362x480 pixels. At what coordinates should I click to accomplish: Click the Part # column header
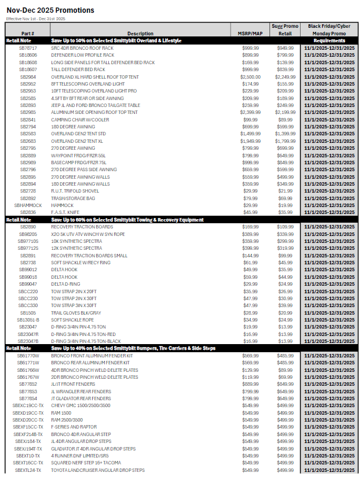27,34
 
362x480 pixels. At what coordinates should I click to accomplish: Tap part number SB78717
28,48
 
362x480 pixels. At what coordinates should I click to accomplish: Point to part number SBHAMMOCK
28,205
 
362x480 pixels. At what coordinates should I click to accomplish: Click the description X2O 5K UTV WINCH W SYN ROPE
88,234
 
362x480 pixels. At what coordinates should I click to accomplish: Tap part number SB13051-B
28,319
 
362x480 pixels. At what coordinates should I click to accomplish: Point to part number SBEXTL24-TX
28,470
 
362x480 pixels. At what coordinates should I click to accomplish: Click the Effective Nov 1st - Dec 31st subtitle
35,19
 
